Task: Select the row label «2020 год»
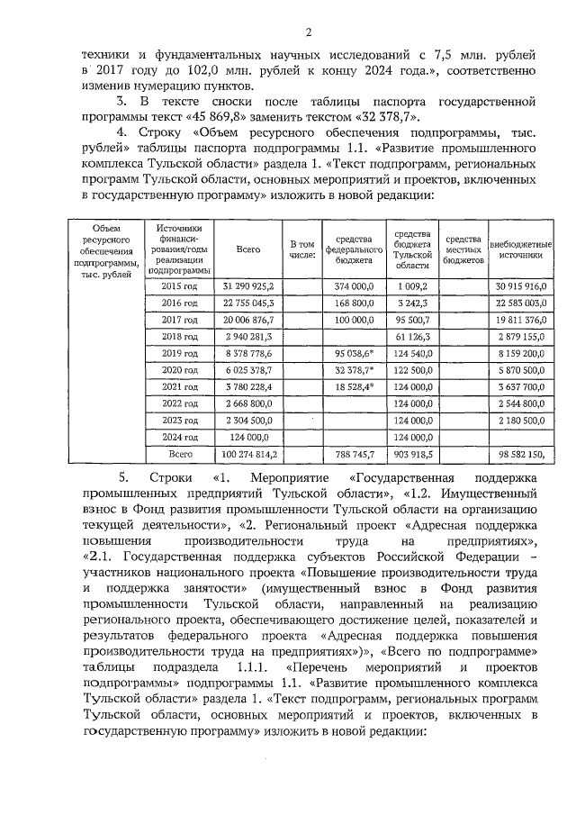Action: pos(178,369)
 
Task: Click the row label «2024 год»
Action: pos(178,437)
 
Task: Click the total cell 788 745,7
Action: pos(354,455)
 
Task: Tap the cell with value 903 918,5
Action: pos(412,455)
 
